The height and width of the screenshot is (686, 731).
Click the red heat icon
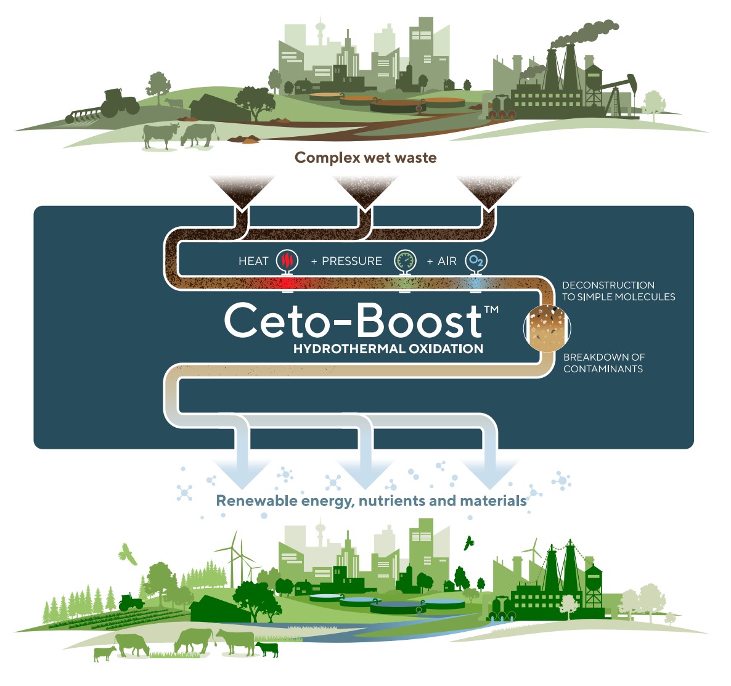(287, 261)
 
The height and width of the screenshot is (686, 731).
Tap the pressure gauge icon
(404, 261)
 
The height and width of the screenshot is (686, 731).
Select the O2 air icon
(476, 261)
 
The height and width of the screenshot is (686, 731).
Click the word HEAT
(253, 261)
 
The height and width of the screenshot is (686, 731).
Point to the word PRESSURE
(352, 261)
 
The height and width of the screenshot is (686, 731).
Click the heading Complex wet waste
(365, 158)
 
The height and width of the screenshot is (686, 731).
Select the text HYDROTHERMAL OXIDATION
(388, 349)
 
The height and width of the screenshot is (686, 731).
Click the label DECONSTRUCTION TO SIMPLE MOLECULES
(618, 291)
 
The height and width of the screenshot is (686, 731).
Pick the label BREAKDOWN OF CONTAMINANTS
(603, 363)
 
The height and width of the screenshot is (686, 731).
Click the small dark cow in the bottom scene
(267, 649)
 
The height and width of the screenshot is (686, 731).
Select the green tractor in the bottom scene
(131, 602)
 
